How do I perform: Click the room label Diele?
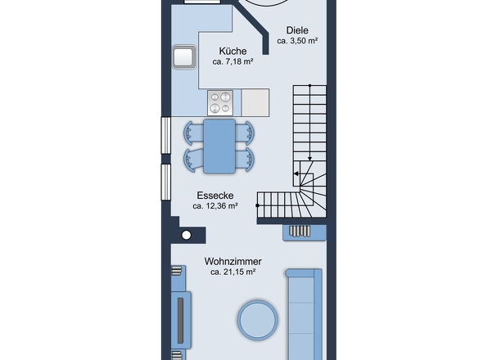click(x=297, y=30)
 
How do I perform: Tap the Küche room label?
click(x=232, y=51)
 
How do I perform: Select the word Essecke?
click(x=215, y=196)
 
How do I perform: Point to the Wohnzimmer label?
click(x=232, y=262)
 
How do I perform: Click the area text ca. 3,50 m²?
click(x=297, y=41)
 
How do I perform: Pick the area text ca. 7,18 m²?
click(x=232, y=61)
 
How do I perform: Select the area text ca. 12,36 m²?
click(x=215, y=206)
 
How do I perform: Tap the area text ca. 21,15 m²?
click(x=232, y=272)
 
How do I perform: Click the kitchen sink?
click(x=184, y=56)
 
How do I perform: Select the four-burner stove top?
click(x=220, y=103)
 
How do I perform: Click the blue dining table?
click(x=219, y=146)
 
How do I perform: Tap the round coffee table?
click(x=258, y=320)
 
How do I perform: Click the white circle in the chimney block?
click(x=187, y=235)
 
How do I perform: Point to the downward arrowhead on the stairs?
click(x=310, y=159)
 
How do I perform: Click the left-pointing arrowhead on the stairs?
click(x=296, y=173)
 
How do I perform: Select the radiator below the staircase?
click(x=305, y=232)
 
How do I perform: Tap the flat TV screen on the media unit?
click(x=180, y=320)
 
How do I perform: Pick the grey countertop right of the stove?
click(x=255, y=103)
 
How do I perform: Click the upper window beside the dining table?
click(x=166, y=135)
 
